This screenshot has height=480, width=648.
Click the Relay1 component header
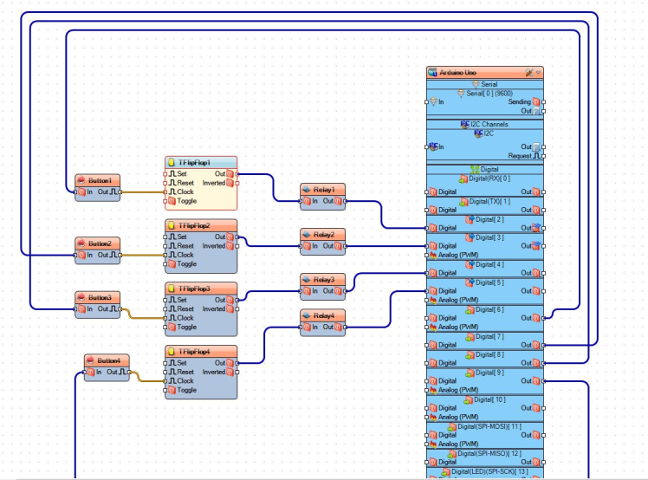click(x=323, y=189)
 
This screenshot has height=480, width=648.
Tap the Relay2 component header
click(x=323, y=234)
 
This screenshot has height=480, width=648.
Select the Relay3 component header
click(x=323, y=279)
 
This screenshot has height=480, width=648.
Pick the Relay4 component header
click(x=323, y=315)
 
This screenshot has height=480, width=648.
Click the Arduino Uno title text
click(x=458, y=73)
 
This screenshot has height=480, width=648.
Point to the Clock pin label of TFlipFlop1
click(x=185, y=191)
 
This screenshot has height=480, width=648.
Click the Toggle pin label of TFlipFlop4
click(x=186, y=390)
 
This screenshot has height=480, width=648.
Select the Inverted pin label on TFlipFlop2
click(x=213, y=246)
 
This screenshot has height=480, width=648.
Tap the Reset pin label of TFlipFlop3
click(x=185, y=308)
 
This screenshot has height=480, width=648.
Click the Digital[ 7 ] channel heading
click(x=489, y=335)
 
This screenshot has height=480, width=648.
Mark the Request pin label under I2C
click(x=519, y=156)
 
